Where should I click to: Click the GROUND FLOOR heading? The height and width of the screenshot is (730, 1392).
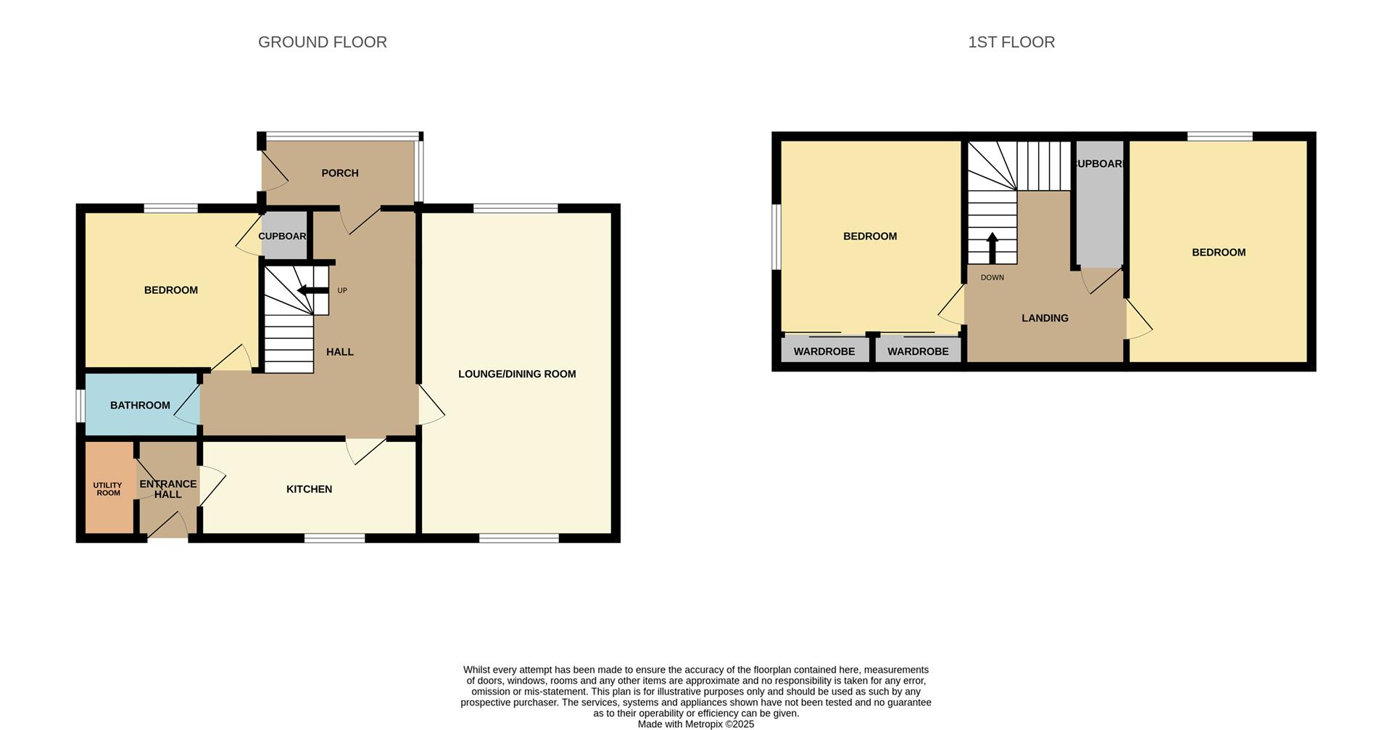323,42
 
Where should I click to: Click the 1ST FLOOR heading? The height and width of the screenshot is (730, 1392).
1011,42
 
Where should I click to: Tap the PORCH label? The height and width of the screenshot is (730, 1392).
340,173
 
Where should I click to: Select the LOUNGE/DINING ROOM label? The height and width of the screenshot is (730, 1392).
517,374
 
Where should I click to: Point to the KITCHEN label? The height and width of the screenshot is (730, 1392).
310,490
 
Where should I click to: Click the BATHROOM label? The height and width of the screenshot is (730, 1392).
140,406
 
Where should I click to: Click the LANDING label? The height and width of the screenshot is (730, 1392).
1045,319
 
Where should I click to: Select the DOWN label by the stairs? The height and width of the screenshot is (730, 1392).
993,278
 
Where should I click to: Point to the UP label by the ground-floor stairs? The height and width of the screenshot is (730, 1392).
342,291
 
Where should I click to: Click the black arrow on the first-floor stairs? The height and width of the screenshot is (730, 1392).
992,247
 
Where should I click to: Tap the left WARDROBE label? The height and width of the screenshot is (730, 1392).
824,352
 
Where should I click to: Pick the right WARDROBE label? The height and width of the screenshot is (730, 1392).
918,352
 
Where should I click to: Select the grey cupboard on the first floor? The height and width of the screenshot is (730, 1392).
1099,210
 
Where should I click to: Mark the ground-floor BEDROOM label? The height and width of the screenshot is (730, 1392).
171,290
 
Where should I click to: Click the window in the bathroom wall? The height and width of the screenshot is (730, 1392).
81,405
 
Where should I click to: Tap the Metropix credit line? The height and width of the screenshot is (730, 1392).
696,724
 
